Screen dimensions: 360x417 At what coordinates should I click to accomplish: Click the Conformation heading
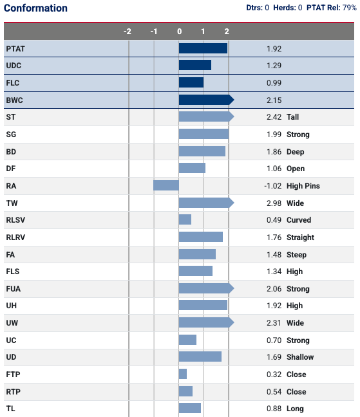click(x=35, y=8)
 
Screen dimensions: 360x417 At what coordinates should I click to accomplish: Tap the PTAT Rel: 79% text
click(x=331, y=8)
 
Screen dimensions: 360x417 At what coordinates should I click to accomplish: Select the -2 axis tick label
click(x=128, y=32)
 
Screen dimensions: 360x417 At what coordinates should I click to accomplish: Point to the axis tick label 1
click(x=203, y=32)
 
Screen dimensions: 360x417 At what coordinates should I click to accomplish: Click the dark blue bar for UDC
click(x=195, y=65)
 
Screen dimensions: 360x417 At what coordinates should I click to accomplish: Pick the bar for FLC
click(x=191, y=82)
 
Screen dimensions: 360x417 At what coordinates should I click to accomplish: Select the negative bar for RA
click(x=166, y=185)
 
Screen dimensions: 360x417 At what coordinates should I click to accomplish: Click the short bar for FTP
click(x=183, y=374)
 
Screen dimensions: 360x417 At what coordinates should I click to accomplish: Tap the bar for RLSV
click(x=185, y=219)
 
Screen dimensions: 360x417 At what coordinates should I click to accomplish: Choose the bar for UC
click(x=187, y=340)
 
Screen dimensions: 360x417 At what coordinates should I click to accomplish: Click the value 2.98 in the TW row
click(x=274, y=203)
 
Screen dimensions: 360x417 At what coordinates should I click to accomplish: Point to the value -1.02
click(x=273, y=186)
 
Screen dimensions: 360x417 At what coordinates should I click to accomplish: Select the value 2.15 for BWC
click(x=274, y=100)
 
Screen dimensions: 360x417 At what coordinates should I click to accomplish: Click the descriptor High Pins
click(x=303, y=186)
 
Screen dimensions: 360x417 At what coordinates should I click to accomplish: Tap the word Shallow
click(x=300, y=357)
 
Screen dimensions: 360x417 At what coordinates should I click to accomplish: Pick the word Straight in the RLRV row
click(x=300, y=237)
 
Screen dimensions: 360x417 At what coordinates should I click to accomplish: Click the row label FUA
click(x=14, y=289)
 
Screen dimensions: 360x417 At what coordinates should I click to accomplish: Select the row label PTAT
click(x=15, y=49)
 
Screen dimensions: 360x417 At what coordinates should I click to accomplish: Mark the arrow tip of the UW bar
click(x=234, y=322)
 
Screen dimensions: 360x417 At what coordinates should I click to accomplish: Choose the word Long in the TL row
click(x=295, y=409)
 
